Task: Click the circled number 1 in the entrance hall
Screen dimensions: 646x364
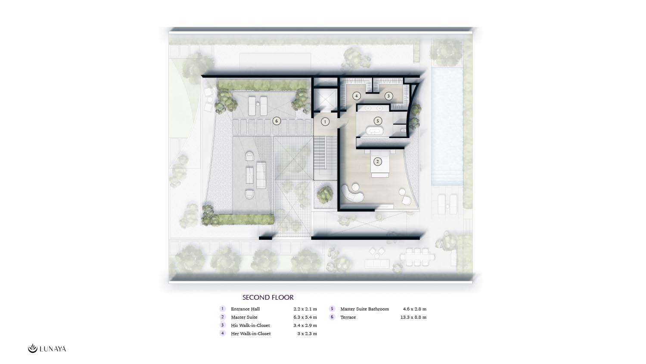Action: [325, 122]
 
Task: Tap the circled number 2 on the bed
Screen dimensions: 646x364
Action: [378, 162]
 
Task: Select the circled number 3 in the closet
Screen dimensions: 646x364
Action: [388, 96]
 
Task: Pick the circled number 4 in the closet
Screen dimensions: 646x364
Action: [357, 96]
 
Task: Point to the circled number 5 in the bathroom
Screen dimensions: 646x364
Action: [378, 121]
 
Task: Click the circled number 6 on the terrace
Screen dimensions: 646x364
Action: [276, 121]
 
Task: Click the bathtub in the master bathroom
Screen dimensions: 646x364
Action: [375, 131]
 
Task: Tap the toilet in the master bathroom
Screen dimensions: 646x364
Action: [403, 131]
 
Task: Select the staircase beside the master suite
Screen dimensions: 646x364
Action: [325, 158]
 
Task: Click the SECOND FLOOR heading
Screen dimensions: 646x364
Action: [268, 297]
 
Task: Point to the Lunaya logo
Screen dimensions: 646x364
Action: [47, 348]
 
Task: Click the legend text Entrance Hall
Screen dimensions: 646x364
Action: [245, 309]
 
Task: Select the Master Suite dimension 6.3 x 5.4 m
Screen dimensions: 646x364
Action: [305, 317]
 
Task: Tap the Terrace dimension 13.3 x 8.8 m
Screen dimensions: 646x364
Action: [413, 317]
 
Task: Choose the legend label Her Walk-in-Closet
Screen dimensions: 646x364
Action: [251, 333]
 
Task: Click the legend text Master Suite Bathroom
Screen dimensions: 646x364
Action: [364, 309]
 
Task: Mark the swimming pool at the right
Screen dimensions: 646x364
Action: [447, 126]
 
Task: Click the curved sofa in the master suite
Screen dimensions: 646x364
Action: [352, 193]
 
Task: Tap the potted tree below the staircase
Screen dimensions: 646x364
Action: [325, 195]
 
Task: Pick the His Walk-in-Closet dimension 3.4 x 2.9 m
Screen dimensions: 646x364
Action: [305, 325]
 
